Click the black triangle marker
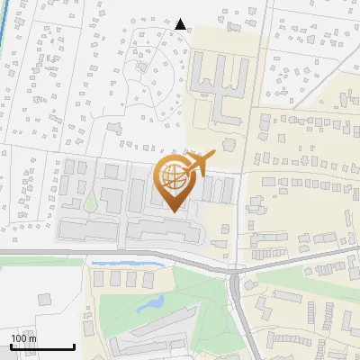pos(181,24)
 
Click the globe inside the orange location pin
pos(175,178)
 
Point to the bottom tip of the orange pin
pos(175,211)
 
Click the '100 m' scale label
pos(24,337)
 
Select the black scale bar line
pos(42,347)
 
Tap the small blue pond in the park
pos(149,304)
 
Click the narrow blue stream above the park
pos(135,264)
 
